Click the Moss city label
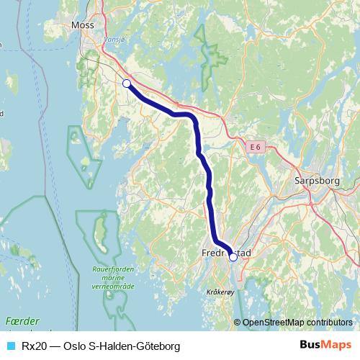[x=83, y=25]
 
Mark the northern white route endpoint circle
[x=127, y=84]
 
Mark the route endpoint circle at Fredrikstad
[x=233, y=257]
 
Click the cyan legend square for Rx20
[x=10, y=346]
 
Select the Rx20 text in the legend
[x=35, y=346]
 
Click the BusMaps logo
[x=325, y=346]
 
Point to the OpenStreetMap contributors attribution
[x=297, y=322]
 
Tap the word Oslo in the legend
[x=74, y=346]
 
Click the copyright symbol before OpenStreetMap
[x=238, y=322]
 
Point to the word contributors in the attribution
[x=328, y=322]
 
